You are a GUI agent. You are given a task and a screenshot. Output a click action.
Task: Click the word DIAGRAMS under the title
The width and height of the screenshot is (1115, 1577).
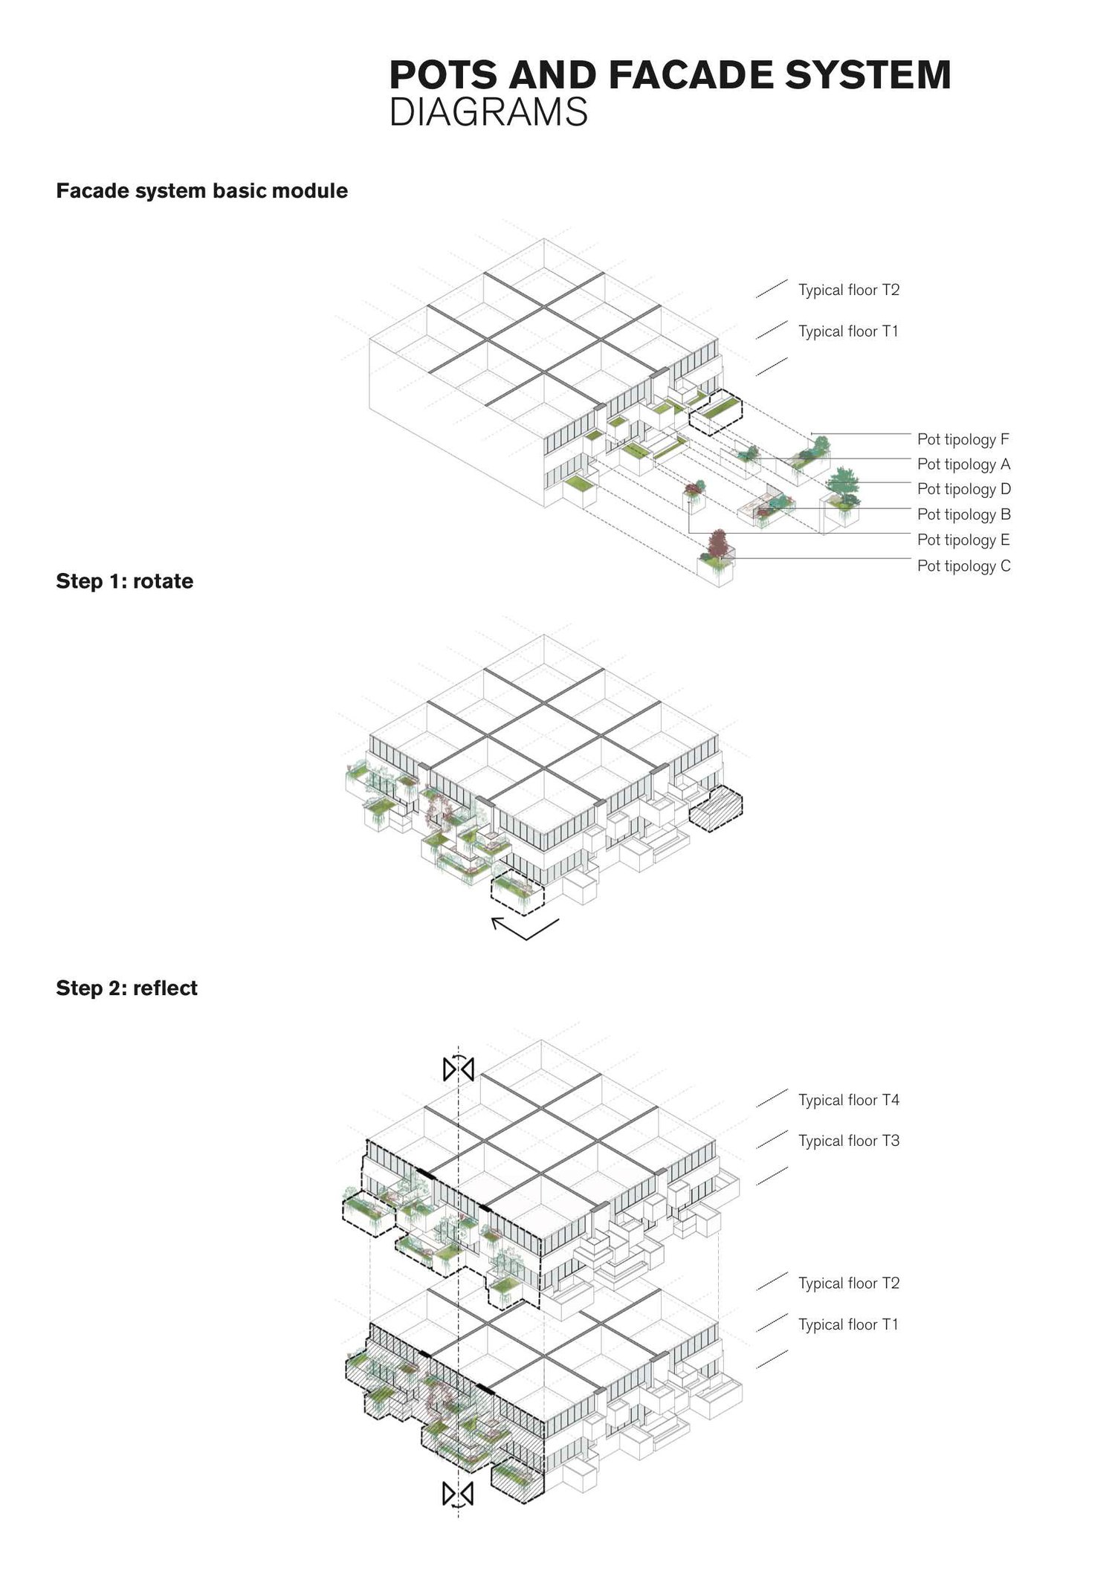tap(488, 112)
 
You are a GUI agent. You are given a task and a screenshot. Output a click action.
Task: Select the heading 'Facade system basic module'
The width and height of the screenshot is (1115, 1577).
tap(201, 191)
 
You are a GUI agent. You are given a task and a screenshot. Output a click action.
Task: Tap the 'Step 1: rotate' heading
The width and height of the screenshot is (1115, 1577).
tap(124, 580)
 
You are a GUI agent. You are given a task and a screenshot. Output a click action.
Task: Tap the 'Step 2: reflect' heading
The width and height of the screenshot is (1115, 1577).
tap(126, 988)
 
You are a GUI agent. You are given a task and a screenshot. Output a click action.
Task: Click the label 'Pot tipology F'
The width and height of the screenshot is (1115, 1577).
tap(963, 439)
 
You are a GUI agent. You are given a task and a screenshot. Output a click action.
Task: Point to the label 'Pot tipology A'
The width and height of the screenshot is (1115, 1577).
tap(963, 464)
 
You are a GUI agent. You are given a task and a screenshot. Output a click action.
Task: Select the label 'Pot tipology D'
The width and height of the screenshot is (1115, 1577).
tap(963, 489)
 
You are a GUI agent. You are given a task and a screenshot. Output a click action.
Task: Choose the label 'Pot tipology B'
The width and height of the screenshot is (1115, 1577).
tap(963, 514)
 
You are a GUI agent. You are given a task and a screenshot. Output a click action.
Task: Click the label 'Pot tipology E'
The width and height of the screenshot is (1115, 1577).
tap(963, 540)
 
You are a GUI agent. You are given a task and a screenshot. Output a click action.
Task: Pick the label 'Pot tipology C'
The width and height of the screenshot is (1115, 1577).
tap(963, 566)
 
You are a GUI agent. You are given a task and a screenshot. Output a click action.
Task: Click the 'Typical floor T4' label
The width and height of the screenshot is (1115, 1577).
tap(848, 1100)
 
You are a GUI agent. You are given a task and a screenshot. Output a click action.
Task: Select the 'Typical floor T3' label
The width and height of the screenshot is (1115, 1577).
tap(848, 1141)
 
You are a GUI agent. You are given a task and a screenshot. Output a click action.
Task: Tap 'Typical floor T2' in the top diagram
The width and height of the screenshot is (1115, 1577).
tap(848, 290)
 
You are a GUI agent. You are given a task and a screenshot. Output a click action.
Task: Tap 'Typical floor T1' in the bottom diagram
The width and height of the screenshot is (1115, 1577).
tap(848, 1324)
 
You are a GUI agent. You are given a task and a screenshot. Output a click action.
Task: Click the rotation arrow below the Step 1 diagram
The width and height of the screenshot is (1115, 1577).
tap(525, 928)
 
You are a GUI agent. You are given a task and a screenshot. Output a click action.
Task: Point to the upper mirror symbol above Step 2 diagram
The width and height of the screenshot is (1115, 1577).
tap(459, 1069)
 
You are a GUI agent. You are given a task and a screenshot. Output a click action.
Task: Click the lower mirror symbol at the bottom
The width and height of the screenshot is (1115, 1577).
tap(458, 1493)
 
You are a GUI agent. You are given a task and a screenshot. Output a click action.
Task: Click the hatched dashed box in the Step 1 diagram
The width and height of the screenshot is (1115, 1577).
tap(716, 809)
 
